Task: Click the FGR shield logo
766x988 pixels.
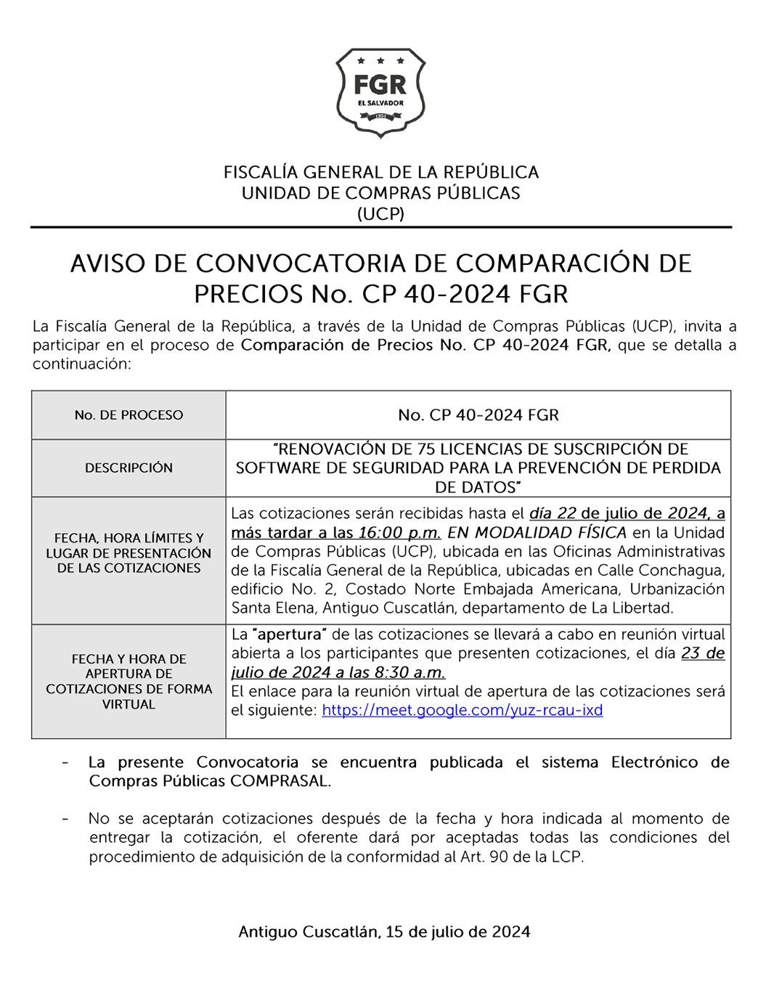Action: click(380, 92)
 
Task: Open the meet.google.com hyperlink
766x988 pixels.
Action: click(462, 711)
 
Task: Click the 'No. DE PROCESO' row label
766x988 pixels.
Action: click(129, 415)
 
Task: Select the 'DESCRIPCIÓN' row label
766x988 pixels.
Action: click(129, 468)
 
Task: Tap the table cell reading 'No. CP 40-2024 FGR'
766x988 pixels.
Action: click(478, 415)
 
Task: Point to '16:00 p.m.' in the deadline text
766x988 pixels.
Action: click(399, 533)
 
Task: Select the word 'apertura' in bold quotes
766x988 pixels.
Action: click(289, 634)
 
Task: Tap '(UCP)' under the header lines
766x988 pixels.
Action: click(380, 214)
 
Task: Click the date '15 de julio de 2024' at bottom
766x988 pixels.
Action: click(457, 932)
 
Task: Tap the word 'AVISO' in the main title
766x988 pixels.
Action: click(107, 264)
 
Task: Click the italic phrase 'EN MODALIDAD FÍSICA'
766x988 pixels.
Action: click(537, 533)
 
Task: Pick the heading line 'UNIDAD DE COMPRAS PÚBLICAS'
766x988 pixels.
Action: click(380, 194)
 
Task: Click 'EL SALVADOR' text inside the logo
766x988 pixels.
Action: click(380, 103)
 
